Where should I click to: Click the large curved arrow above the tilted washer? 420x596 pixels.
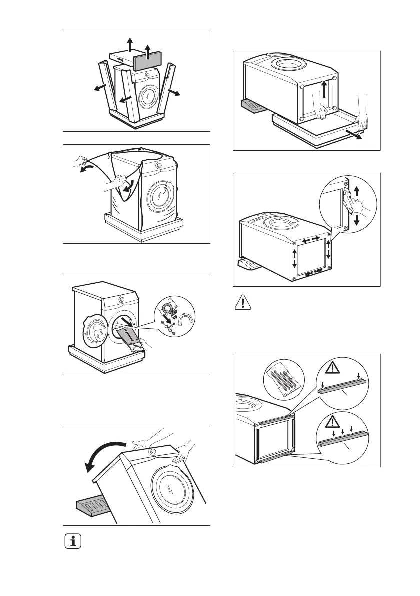(105, 453)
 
